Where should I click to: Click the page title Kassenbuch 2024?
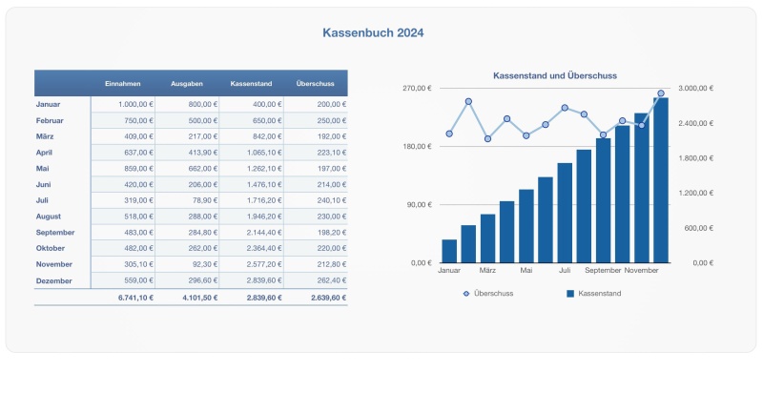click(x=373, y=32)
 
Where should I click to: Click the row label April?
click(x=44, y=152)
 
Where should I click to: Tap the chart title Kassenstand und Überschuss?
click(x=554, y=75)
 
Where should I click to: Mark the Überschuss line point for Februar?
click(x=468, y=101)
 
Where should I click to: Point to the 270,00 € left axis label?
click(x=416, y=89)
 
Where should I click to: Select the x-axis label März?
click(x=487, y=271)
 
